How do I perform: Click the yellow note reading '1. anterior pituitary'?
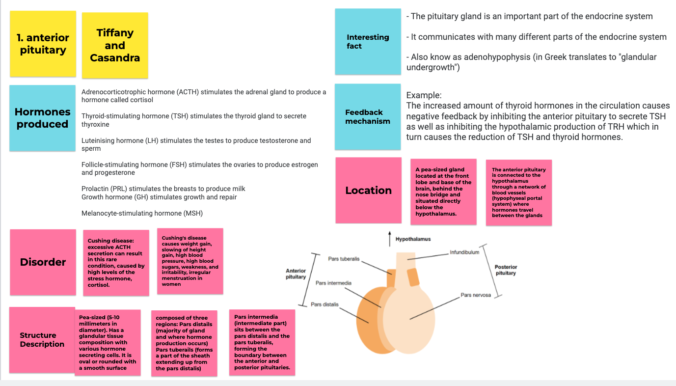43,44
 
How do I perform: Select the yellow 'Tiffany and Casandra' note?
115,45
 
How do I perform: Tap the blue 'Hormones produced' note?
43,118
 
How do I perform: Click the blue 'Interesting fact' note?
368,42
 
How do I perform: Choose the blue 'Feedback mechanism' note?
368,117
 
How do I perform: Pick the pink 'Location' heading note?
368,191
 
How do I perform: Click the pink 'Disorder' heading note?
43,262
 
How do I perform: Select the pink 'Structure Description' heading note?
42,340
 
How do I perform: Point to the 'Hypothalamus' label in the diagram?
413,239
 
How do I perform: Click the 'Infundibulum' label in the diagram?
464,252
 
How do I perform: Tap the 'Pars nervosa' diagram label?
475,295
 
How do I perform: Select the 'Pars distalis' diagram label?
324,304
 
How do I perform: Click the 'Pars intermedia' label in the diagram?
333,283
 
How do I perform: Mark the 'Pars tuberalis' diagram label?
344,259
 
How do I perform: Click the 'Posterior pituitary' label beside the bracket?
506,270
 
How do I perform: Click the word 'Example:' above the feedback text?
424,95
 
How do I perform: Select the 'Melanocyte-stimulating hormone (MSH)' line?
142,213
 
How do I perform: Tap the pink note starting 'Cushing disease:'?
116,263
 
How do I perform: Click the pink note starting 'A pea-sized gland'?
443,192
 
